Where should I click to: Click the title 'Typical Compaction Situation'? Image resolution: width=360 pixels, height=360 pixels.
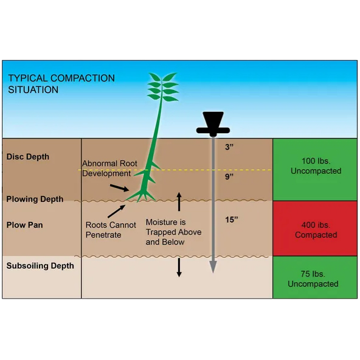pos(61,84)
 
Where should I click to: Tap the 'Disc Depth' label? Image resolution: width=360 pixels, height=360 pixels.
pos(28,157)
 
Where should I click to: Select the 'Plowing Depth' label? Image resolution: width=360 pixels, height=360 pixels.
pos(35,199)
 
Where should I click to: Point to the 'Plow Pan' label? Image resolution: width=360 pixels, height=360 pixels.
pos(24,225)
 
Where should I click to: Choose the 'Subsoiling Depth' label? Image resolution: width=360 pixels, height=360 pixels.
pos(40,266)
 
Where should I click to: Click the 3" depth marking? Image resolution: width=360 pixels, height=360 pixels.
pos(229,147)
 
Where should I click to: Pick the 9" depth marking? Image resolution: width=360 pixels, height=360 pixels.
pos(229,176)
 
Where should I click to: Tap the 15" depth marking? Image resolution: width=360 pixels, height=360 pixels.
pos(232,220)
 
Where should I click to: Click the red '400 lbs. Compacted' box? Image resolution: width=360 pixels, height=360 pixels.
pos(315,228)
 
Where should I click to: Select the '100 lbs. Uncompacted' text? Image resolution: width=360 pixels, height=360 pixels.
pos(316,166)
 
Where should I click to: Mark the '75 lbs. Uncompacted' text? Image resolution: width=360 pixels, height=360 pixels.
pos(313,279)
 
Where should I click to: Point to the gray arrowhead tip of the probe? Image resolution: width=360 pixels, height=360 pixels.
pos(213,273)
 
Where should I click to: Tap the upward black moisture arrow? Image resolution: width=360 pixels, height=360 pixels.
pos(179,202)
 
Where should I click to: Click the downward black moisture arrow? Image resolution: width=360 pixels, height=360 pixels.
pos(179,268)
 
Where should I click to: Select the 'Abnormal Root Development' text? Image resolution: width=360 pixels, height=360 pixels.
pos(109,168)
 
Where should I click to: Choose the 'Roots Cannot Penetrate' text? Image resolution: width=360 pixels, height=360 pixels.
pos(111,230)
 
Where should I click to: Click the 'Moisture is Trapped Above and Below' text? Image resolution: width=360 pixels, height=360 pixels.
pos(173,232)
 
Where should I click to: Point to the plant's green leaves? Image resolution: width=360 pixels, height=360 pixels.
pos(163,87)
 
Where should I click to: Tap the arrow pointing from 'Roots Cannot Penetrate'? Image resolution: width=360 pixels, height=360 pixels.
pos(116,211)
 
